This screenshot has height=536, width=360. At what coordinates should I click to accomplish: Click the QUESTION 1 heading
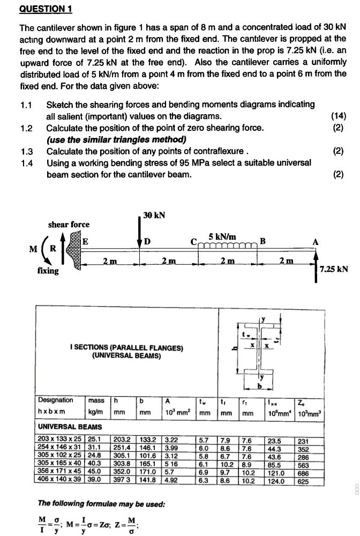(x=46, y=9)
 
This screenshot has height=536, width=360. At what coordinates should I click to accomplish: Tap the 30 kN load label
(x=154, y=215)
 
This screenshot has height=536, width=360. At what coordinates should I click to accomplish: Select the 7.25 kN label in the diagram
(x=333, y=269)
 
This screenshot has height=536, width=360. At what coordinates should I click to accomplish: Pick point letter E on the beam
(x=85, y=242)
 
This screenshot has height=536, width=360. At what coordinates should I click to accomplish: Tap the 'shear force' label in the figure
(x=69, y=224)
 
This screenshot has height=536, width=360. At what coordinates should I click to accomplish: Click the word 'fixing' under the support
(x=48, y=271)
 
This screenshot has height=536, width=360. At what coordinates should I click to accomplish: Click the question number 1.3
(x=26, y=151)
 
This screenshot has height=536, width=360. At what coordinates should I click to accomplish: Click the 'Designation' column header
(x=56, y=400)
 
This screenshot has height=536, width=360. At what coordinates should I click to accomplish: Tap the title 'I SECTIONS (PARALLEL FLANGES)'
(x=126, y=348)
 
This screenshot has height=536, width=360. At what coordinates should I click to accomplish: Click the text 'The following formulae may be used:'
(x=102, y=504)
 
